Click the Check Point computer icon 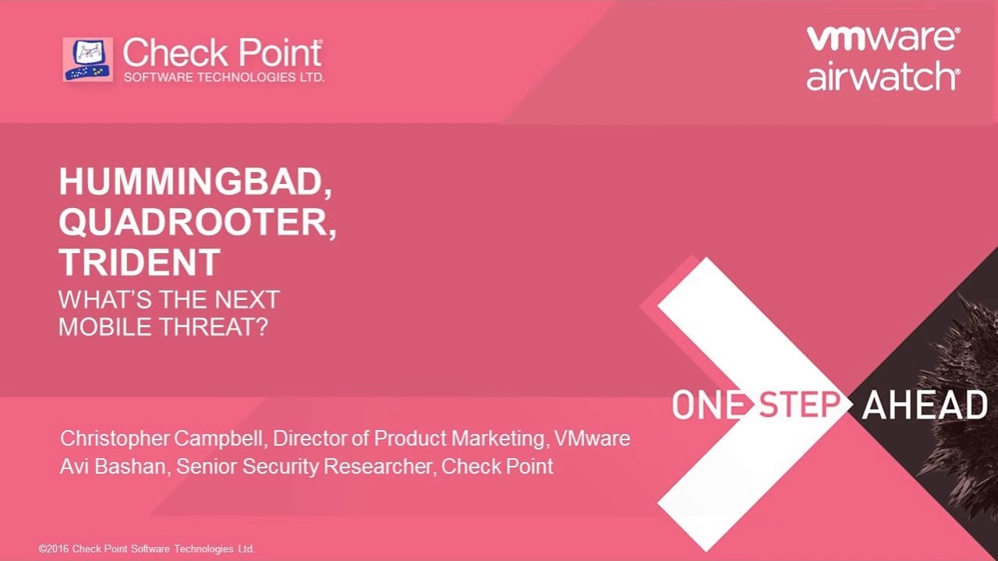[x=88, y=59]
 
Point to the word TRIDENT [x=140, y=262]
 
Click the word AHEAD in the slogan [x=925, y=404]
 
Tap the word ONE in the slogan [x=709, y=404]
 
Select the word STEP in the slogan [x=799, y=404]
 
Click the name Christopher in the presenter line [x=115, y=439]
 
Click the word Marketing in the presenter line [x=499, y=439]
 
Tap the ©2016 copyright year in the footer [x=54, y=549]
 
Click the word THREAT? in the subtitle [x=214, y=326]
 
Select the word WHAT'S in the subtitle [x=104, y=299]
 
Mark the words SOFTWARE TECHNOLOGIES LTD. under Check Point [x=224, y=77]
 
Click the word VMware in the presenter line [x=592, y=439]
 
